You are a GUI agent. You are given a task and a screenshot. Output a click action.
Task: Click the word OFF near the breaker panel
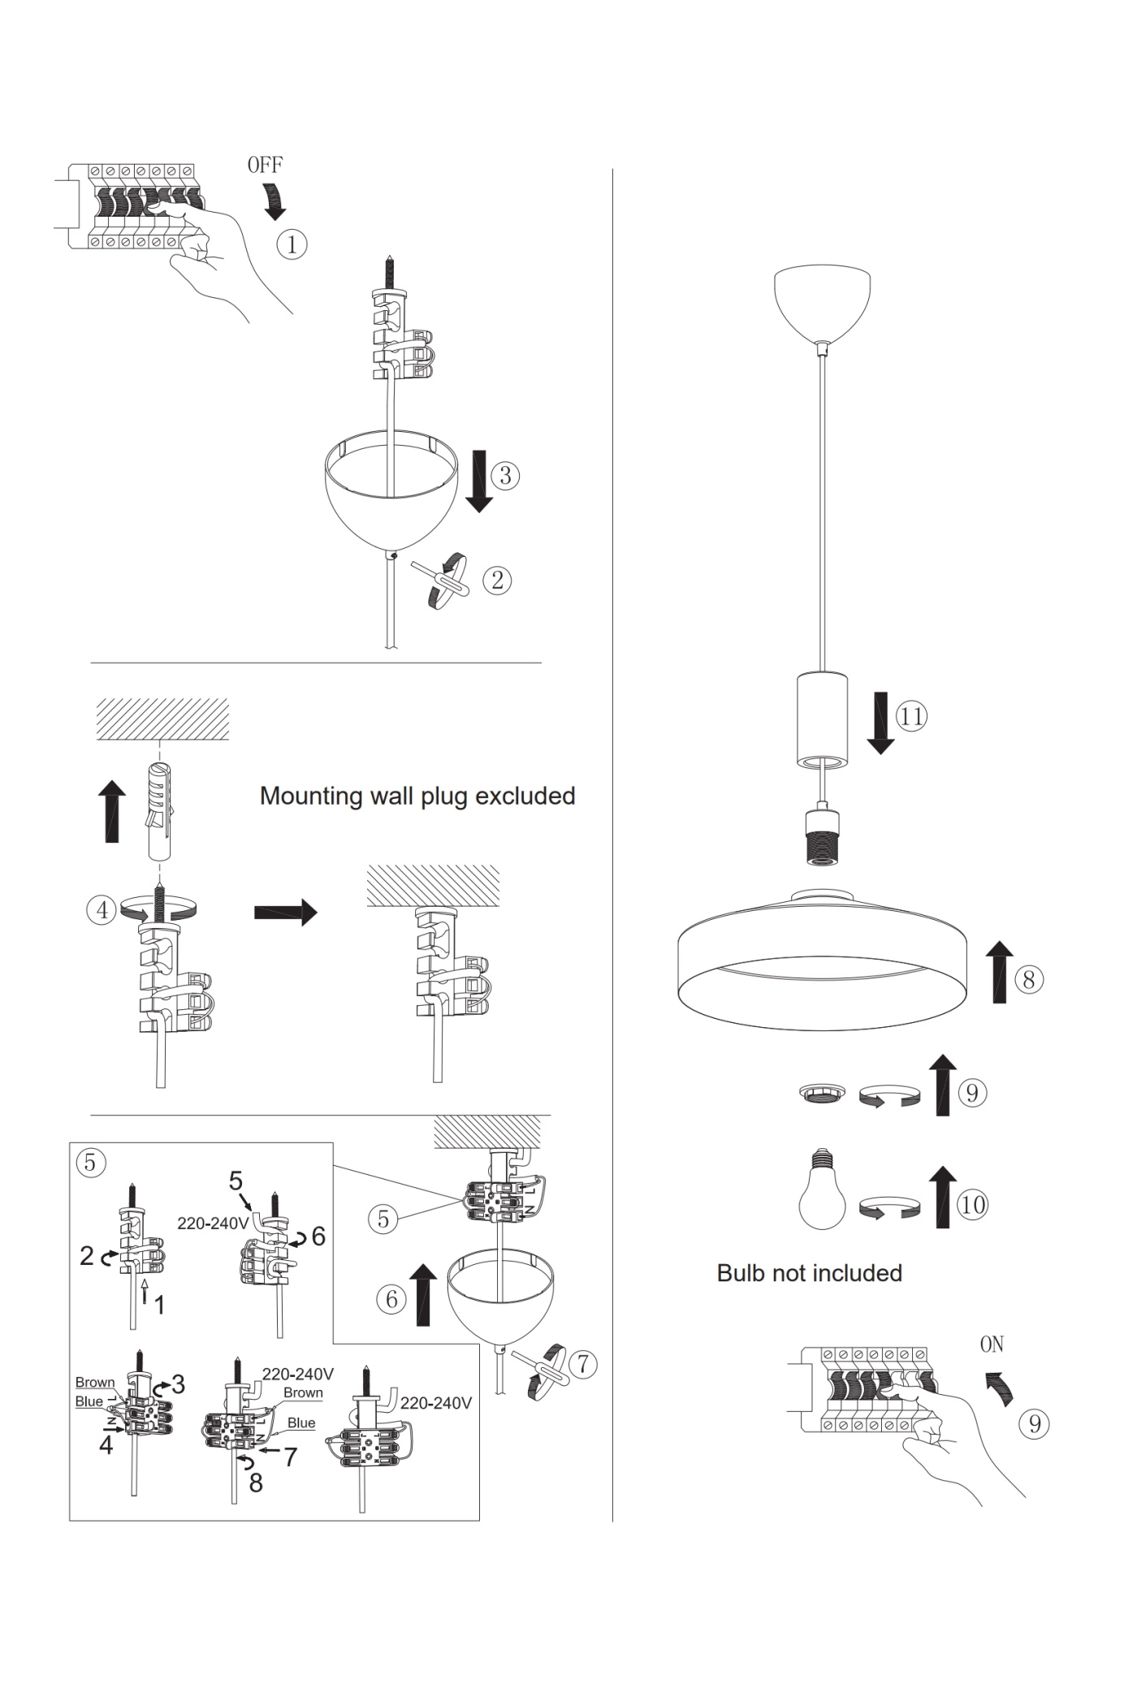pos(265,165)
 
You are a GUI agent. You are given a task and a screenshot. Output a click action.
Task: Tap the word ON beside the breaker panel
pos(992,1345)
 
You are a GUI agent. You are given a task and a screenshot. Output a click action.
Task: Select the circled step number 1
pos(292,244)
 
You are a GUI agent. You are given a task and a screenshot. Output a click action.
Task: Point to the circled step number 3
pos(504,475)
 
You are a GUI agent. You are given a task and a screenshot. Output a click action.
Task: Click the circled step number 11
pos(910,716)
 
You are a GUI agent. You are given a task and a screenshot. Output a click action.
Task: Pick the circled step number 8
pos(1028,979)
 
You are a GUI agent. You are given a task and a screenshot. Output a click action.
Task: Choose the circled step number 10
pos(971,1204)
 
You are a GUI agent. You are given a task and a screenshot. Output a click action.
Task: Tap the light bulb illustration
pos(822,1190)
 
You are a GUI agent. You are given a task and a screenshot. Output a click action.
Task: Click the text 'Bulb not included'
pos(809,1273)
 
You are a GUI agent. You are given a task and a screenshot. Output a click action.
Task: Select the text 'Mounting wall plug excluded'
pos(417,796)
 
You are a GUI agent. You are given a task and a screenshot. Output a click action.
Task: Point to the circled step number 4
pos(102,909)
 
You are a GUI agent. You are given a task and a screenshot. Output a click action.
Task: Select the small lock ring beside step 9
pos(821,1094)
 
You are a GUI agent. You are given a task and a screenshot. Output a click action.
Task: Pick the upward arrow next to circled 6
pos(422,1294)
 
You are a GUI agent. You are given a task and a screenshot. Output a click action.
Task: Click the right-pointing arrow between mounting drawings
pos(285,912)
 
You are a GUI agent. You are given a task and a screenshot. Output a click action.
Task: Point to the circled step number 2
pos(497,580)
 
